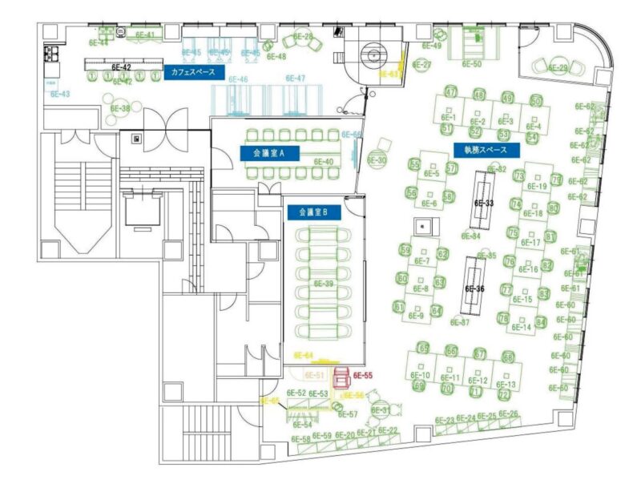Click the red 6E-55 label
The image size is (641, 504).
(363, 375)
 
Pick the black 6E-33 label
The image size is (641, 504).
(484, 203)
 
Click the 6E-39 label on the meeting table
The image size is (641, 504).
(324, 284)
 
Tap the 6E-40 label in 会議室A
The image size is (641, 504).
(324, 162)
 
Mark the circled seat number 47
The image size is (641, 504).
(450, 92)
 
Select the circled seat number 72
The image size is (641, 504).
(503, 394)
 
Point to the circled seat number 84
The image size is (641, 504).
(541, 322)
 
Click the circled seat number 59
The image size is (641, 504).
(404, 251)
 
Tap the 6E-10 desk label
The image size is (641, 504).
(421, 375)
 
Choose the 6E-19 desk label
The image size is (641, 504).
(537, 187)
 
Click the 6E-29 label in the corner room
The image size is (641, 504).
(558, 68)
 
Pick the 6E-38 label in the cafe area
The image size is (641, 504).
(120, 108)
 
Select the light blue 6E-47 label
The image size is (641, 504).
(295, 79)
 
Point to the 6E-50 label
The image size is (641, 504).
(472, 63)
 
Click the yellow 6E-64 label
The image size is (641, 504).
(304, 354)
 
